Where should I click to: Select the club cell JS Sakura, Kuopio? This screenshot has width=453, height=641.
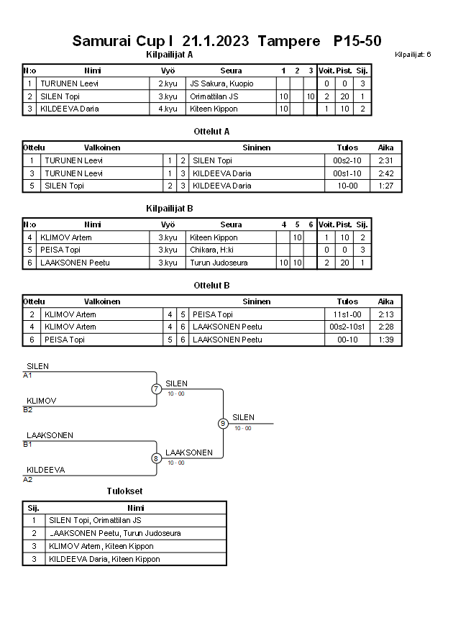[221, 83]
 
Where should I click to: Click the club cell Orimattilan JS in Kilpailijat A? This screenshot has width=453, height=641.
[214, 96]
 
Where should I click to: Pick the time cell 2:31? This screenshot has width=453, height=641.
[385, 160]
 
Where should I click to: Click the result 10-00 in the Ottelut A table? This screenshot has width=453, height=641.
[347, 186]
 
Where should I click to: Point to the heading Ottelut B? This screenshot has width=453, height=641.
[211, 286]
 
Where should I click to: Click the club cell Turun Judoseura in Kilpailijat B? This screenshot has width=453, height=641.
[219, 263]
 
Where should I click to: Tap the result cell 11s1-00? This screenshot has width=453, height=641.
[347, 314]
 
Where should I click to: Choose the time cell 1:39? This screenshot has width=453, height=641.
[385, 340]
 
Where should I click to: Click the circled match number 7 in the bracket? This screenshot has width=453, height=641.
[156, 389]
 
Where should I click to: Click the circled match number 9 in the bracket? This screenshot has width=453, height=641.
[223, 424]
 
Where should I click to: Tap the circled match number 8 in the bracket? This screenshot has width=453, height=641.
[156, 458]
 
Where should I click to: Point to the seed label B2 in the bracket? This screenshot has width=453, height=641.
[28, 410]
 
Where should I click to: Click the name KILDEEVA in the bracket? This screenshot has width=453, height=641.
[46, 470]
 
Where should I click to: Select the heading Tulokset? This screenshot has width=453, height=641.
[124, 491]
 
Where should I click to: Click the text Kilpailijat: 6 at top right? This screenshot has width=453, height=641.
[413, 55]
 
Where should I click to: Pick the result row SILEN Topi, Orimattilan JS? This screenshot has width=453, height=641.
[95, 520]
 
